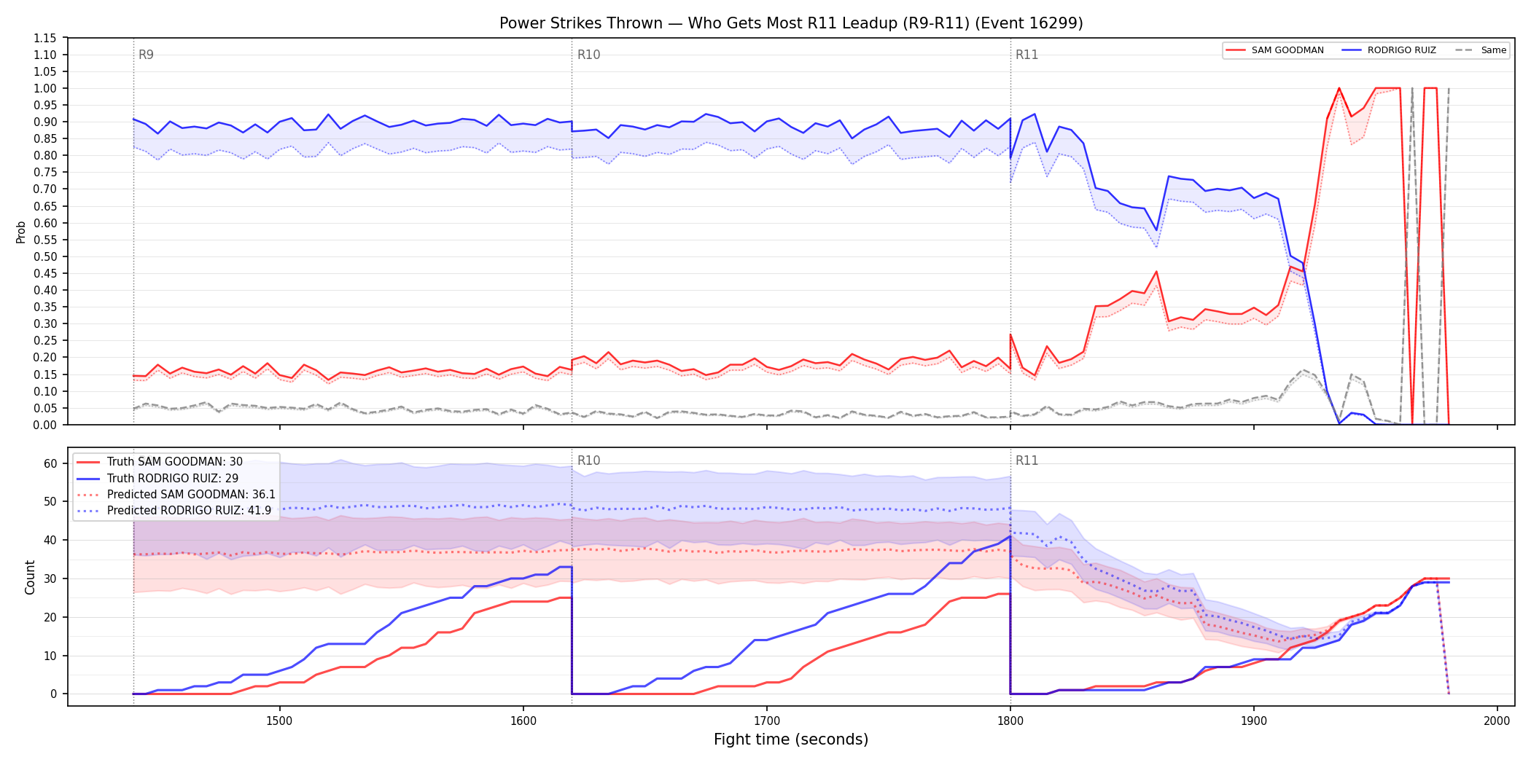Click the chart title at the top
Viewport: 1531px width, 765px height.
pyautogui.click(x=791, y=23)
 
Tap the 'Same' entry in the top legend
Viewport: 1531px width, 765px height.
pyautogui.click(x=1481, y=50)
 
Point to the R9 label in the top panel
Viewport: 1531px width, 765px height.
pyautogui.click(x=146, y=55)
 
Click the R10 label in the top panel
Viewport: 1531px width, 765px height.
pyautogui.click(x=588, y=55)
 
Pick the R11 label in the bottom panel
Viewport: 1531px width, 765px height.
pyautogui.click(x=1026, y=460)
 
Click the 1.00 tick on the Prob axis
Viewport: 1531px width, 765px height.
pyautogui.click(x=45, y=88)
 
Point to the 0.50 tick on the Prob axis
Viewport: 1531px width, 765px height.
pyautogui.click(x=45, y=256)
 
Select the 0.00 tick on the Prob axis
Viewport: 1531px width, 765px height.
pyautogui.click(x=45, y=425)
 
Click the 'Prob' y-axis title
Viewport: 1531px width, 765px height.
pyautogui.click(x=20, y=232)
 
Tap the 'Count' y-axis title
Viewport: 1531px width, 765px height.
pyautogui.click(x=30, y=577)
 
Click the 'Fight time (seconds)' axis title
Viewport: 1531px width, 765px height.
pyautogui.click(x=791, y=739)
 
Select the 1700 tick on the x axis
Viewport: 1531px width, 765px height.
pyautogui.click(x=766, y=721)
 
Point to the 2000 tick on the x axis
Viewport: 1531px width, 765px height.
pyautogui.click(x=1497, y=721)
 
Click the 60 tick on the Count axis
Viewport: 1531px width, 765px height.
pyautogui.click(x=50, y=463)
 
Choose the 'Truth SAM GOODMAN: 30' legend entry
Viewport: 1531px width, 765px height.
pyautogui.click(x=160, y=462)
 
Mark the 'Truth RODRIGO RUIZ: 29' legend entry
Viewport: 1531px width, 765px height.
pyautogui.click(x=158, y=479)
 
